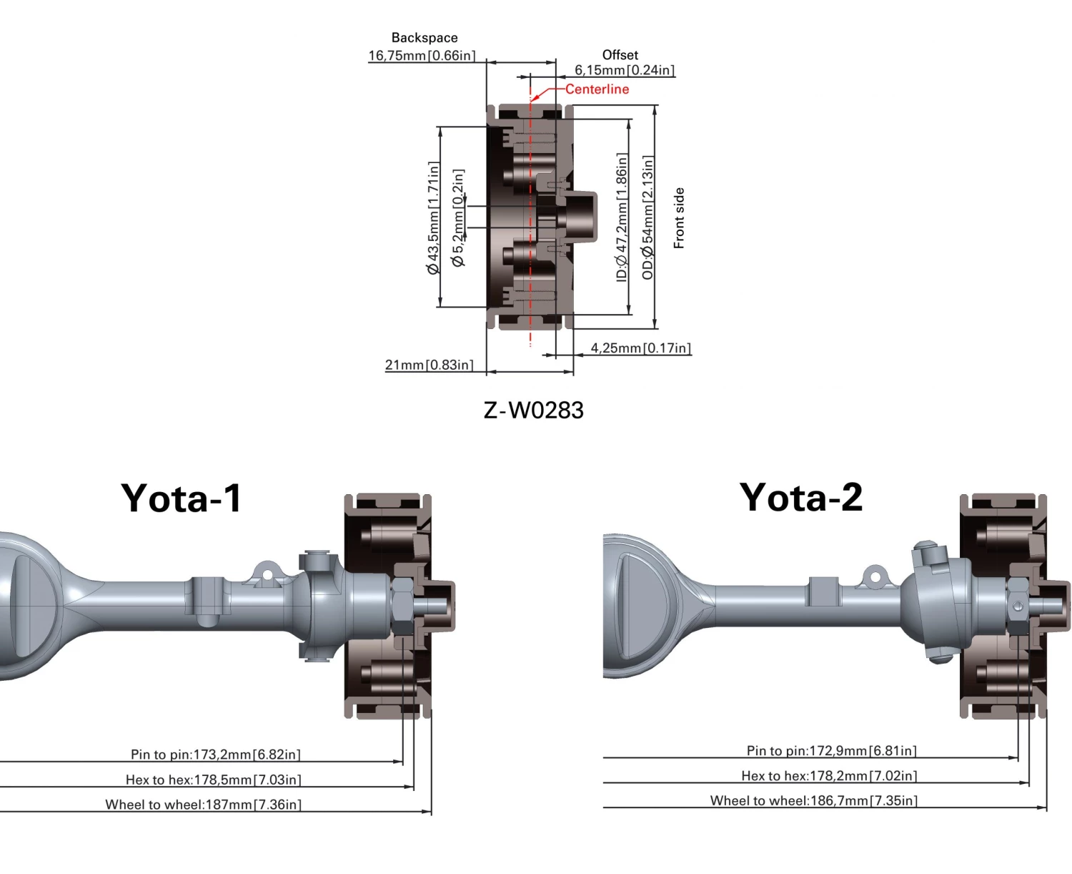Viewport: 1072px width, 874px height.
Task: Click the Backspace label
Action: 425,38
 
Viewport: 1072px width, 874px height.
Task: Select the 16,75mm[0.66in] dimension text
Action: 422,56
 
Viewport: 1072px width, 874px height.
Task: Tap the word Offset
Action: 620,55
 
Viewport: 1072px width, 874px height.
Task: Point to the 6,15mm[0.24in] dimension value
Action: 625,70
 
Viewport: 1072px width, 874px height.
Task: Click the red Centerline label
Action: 597,89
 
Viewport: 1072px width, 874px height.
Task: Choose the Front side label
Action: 679,218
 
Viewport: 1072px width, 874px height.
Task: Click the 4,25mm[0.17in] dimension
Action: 640,348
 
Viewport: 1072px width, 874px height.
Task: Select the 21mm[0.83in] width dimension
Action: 429,365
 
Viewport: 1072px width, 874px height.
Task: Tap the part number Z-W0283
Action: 534,411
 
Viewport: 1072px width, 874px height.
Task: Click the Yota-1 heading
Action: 182,498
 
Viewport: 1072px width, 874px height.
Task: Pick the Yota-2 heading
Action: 801,497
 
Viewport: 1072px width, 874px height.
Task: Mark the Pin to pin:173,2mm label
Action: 215,755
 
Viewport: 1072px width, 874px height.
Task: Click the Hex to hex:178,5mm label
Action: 213,780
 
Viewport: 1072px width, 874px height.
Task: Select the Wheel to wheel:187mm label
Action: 203,805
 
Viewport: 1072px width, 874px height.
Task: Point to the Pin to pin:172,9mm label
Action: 831,751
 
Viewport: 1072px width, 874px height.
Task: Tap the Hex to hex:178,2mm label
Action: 829,776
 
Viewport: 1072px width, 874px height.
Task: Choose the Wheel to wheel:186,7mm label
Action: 813,801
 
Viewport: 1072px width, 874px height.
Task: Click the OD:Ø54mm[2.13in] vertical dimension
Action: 647,217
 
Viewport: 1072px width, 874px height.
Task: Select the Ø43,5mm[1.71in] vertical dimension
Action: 433,218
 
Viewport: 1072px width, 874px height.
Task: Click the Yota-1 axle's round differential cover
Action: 21,604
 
